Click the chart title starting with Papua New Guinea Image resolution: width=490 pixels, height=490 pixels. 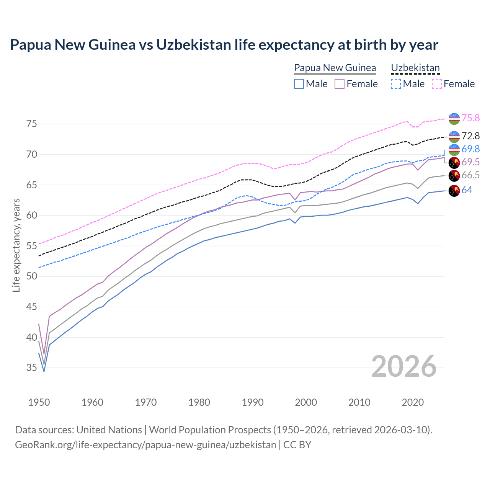[224, 45]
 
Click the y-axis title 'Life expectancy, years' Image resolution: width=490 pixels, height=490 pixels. [16, 245]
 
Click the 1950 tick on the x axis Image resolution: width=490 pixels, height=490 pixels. [39, 402]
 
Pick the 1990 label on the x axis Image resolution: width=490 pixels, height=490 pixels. [253, 402]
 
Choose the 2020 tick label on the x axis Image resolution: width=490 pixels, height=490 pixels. [413, 402]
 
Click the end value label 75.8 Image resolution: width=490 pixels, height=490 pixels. [470, 118]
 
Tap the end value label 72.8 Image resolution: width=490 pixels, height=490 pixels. [470, 136]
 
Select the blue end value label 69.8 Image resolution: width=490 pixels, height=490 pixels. [470, 149]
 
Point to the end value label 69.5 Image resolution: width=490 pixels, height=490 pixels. [470, 162]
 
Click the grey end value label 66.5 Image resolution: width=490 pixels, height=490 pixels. [470, 175]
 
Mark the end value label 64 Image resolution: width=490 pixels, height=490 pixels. [467, 190]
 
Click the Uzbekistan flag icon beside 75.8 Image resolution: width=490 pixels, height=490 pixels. [454, 119]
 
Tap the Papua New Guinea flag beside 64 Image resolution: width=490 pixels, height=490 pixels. [454, 191]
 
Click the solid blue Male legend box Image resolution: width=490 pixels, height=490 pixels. [299, 84]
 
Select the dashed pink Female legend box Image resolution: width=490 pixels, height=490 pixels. [437, 84]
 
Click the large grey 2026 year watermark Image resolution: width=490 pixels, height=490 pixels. [404, 367]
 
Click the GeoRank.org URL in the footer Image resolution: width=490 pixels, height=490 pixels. [145, 445]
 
